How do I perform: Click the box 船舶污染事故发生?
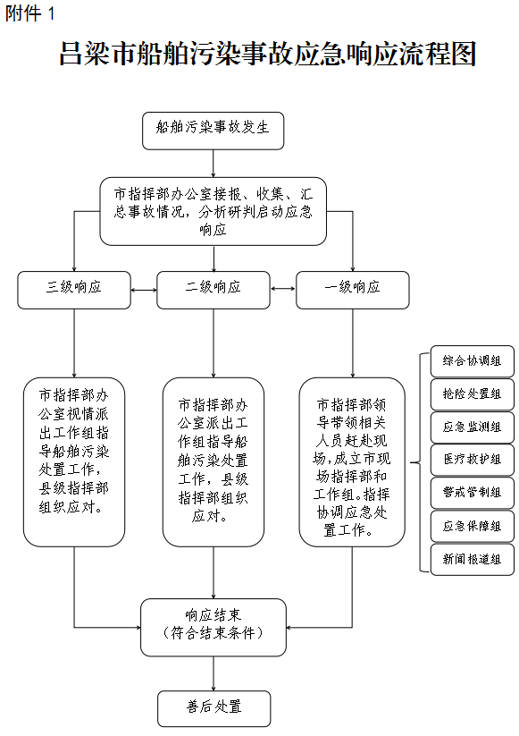click(213, 131)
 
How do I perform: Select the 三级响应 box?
click(74, 290)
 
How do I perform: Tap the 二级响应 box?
click(213, 290)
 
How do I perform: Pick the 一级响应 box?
click(353, 290)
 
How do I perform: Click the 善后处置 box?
click(213, 709)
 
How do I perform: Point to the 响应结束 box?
click(213, 627)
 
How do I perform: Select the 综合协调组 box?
click(473, 361)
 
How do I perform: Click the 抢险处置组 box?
click(473, 394)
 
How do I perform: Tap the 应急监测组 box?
click(473, 427)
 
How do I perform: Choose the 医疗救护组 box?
click(473, 460)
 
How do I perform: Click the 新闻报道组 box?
click(473, 560)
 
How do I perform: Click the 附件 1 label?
click(30, 13)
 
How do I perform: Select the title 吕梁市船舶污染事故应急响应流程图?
click(268, 53)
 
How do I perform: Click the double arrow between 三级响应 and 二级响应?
click(144, 290)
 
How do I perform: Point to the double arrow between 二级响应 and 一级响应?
click(283, 288)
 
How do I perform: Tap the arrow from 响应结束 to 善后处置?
click(213, 673)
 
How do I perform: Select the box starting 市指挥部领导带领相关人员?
click(352, 462)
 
